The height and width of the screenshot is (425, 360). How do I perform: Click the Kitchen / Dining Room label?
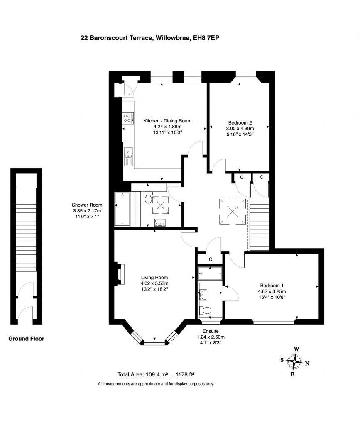pyautogui.click(x=162, y=121)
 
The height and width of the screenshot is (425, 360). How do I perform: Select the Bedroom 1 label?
pyautogui.click(x=272, y=285)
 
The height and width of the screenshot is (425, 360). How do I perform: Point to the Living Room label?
pyautogui.click(x=154, y=278)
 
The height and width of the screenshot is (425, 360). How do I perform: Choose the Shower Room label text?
pyautogui.click(x=87, y=205)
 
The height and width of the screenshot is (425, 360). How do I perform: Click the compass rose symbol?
pyautogui.click(x=294, y=361)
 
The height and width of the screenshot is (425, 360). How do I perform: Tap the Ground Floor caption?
pyautogui.click(x=27, y=339)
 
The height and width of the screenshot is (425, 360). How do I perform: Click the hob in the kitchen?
pyautogui.click(x=128, y=118)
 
